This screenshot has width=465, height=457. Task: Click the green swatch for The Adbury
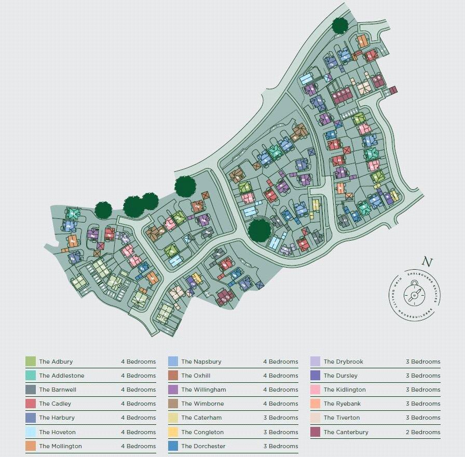(30, 362)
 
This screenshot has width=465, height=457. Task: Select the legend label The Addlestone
(61, 376)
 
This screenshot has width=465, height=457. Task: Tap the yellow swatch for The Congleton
(173, 432)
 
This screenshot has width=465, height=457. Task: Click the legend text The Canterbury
(346, 432)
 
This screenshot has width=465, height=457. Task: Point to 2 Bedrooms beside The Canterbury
(422, 432)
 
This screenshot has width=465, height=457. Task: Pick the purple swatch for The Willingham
(173, 390)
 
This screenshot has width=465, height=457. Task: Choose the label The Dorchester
(203, 446)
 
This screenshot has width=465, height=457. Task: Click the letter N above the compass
(427, 262)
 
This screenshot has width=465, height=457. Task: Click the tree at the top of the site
(339, 24)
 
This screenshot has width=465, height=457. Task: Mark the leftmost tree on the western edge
(103, 210)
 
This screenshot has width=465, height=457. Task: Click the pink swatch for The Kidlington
(315, 390)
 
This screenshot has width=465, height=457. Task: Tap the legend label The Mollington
(60, 446)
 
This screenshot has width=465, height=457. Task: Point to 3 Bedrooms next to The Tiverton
(422, 418)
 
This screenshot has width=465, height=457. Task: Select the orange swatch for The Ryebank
(315, 404)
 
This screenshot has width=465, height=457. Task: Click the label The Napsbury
(201, 362)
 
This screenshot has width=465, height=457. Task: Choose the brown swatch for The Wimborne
(173, 404)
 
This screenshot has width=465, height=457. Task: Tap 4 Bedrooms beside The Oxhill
(280, 376)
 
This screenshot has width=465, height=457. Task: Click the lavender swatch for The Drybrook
(315, 362)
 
